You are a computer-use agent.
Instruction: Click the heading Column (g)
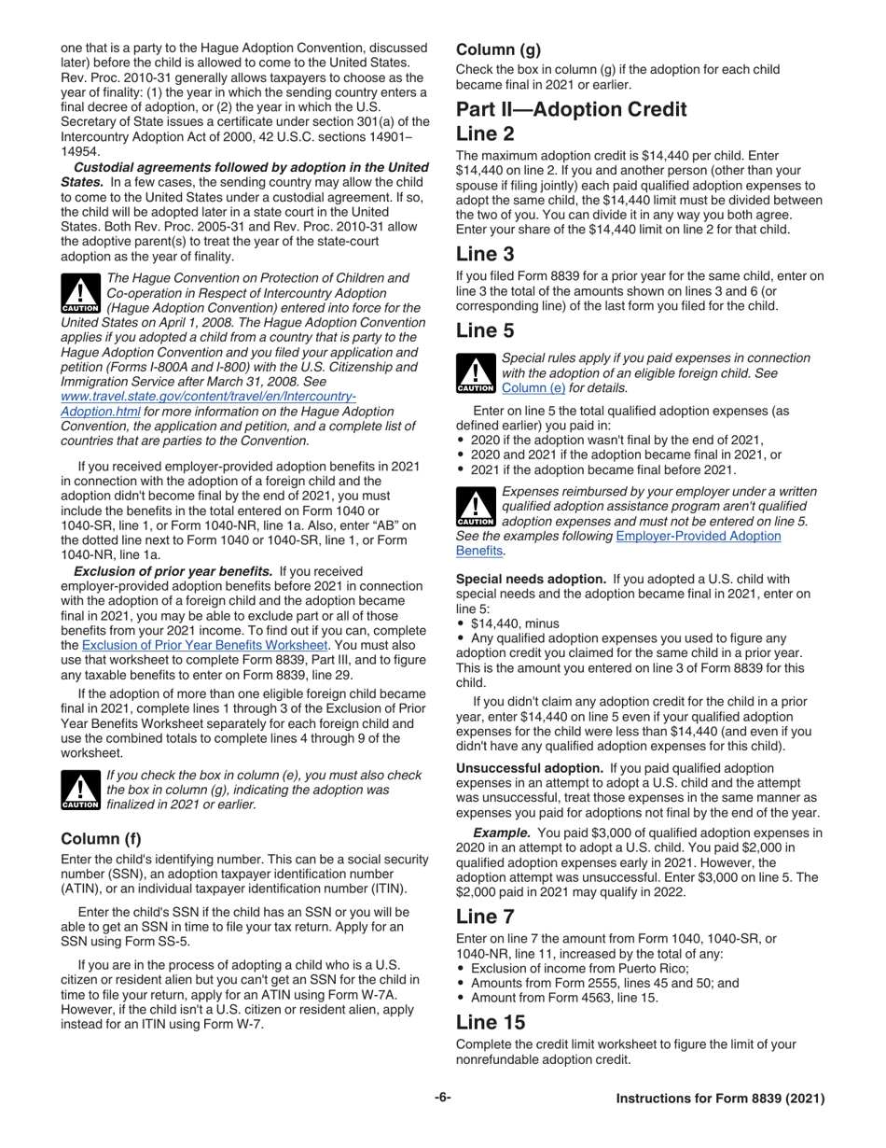[497, 50]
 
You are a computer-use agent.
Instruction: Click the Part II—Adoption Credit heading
[571, 109]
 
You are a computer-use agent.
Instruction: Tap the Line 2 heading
[485, 133]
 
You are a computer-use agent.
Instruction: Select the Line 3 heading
[485, 253]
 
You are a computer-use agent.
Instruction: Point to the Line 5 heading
[485, 330]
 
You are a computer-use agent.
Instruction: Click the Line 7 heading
[485, 917]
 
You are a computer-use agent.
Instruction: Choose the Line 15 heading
[491, 1022]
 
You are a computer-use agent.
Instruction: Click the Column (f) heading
[101, 838]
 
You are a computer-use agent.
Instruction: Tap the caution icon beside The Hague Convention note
[79, 293]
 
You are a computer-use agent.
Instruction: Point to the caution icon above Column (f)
[79, 791]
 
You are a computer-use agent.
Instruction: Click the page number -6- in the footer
[443, 1098]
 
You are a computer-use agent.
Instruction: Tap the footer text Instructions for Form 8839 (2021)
[720, 1099]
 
